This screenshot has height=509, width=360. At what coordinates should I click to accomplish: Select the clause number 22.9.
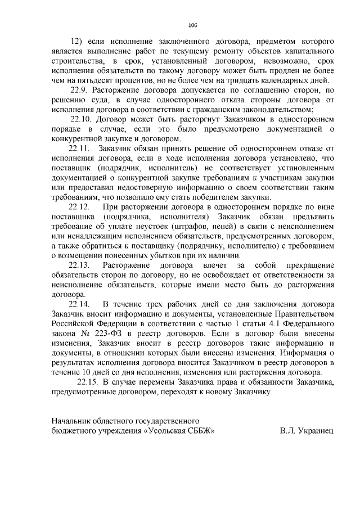tap(79, 90)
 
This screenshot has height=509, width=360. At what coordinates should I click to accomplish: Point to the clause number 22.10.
tap(82, 119)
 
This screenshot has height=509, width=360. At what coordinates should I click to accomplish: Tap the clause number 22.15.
tap(87, 382)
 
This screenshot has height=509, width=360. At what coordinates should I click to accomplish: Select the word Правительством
tap(307, 314)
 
